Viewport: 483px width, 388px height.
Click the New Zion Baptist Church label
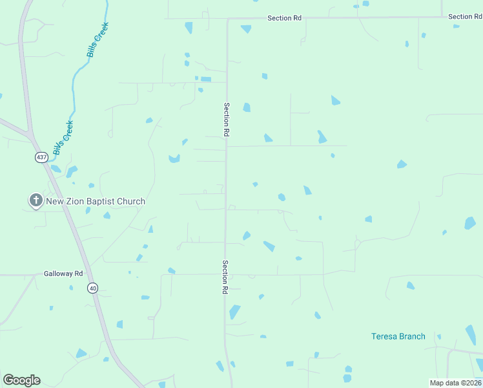pyautogui.click(x=96, y=201)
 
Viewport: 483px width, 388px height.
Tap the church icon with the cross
pyautogui.click(x=36, y=200)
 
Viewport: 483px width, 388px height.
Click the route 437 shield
pyautogui.click(x=41, y=157)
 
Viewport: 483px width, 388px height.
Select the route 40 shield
pyautogui.click(x=93, y=288)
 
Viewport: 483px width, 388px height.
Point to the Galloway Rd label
pyautogui.click(x=63, y=274)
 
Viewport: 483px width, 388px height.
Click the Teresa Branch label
pyautogui.click(x=398, y=336)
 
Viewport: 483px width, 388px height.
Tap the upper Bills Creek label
pyautogui.click(x=98, y=40)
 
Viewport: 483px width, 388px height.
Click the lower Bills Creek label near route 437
pyautogui.click(x=63, y=137)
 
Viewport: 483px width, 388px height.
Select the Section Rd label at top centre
pyautogui.click(x=284, y=18)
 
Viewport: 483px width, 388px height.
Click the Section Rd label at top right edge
pyautogui.click(x=465, y=17)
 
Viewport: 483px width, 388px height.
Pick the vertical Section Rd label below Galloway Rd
pyautogui.click(x=225, y=277)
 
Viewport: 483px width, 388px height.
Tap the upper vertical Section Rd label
pyautogui.click(x=227, y=118)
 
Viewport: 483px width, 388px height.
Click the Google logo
pyautogui.click(x=21, y=380)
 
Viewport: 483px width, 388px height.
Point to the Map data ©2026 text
pyautogui.click(x=455, y=382)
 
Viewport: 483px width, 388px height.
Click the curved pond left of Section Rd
pyautogui.click(x=174, y=158)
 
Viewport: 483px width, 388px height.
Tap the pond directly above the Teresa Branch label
pyautogui.click(x=411, y=285)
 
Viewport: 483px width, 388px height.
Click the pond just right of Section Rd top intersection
pyautogui.click(x=246, y=29)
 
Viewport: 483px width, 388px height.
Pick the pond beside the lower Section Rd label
pyautogui.click(x=234, y=312)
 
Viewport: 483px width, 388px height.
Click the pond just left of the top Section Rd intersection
pyautogui.click(x=189, y=28)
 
